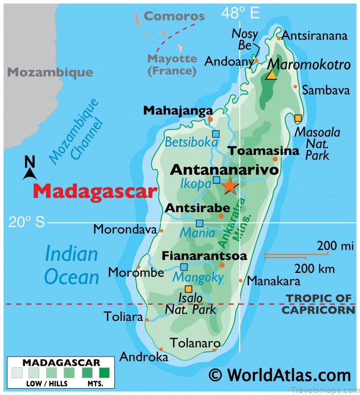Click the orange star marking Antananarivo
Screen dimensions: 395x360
(x=229, y=186)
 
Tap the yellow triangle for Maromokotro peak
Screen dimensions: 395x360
(x=272, y=75)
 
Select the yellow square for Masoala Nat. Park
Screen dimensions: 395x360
(x=298, y=118)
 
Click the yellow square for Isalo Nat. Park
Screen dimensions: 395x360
(x=188, y=288)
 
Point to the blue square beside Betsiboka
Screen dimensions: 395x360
(x=216, y=133)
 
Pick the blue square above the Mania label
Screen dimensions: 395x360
(x=200, y=223)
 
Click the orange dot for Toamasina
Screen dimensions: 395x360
(x=275, y=159)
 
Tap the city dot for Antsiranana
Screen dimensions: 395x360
(x=279, y=38)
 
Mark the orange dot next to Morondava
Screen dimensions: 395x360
(x=161, y=231)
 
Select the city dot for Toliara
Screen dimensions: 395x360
(x=147, y=320)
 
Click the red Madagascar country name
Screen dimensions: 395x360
(x=95, y=191)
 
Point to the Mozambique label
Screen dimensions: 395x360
(x=50, y=72)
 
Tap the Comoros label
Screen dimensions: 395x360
(x=174, y=16)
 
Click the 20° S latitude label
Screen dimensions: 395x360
(x=26, y=222)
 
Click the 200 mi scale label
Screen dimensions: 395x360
(x=336, y=246)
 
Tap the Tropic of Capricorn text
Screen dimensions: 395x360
(x=318, y=304)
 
